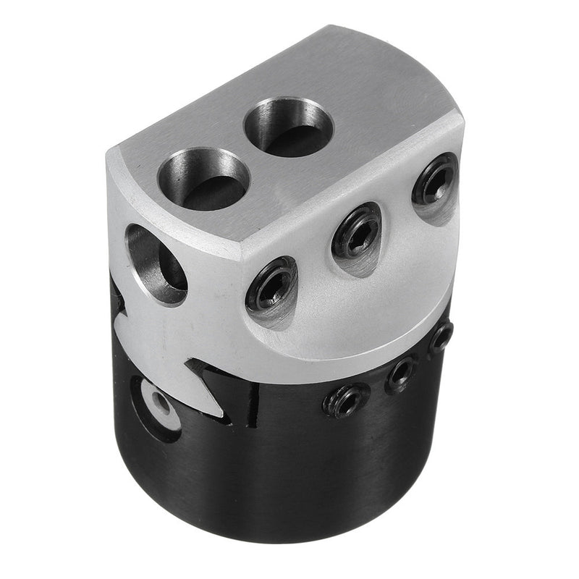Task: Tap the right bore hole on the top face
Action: click(x=288, y=128)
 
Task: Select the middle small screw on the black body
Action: click(x=401, y=373)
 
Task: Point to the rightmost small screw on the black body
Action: click(x=440, y=337)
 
